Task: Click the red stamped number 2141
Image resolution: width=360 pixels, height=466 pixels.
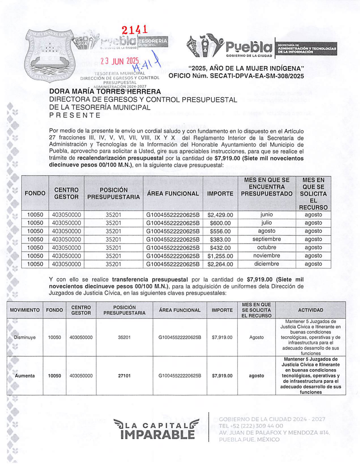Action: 135,29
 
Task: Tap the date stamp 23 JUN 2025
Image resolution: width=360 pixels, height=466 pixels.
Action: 120,61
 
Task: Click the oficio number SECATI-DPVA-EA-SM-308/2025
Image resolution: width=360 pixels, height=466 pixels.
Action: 236,76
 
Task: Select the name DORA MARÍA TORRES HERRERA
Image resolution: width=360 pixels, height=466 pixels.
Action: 105,92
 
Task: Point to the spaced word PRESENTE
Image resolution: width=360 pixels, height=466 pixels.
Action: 75,115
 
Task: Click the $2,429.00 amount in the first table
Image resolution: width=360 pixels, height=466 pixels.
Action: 220,215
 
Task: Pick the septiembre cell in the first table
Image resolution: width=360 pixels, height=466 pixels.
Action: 267,239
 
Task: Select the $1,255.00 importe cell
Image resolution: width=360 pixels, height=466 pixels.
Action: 220,256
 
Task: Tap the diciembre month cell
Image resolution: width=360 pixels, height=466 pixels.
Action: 267,264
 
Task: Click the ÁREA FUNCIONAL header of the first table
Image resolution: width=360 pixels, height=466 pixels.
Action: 173,194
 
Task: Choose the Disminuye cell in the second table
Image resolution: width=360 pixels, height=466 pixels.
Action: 25,337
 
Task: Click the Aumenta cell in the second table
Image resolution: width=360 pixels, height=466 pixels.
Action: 25,376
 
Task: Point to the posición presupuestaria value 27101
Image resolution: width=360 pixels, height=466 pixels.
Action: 124,376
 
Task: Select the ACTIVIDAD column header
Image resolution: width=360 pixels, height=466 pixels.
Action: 310,310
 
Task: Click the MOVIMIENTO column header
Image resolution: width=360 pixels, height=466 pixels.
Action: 25,310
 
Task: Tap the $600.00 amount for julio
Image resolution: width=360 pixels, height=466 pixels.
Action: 220,223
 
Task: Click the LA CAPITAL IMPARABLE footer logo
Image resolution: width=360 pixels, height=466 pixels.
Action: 157,429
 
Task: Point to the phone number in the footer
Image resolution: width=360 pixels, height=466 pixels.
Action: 251,426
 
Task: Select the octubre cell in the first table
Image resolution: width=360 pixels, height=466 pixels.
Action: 267,247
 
